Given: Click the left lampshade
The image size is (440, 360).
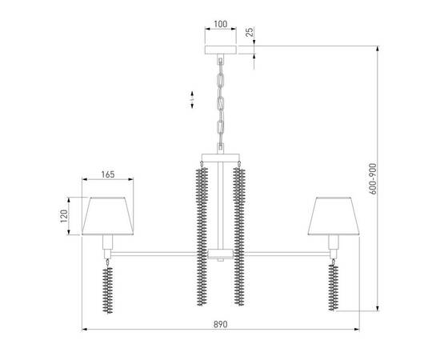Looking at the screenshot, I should (106, 216).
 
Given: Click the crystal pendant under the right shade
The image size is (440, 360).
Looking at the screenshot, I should (332, 289).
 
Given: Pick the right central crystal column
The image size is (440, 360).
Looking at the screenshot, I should (238, 237).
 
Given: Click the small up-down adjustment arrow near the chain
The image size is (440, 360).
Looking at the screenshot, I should (192, 99).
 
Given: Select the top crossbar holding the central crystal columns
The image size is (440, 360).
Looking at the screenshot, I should (219, 158).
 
